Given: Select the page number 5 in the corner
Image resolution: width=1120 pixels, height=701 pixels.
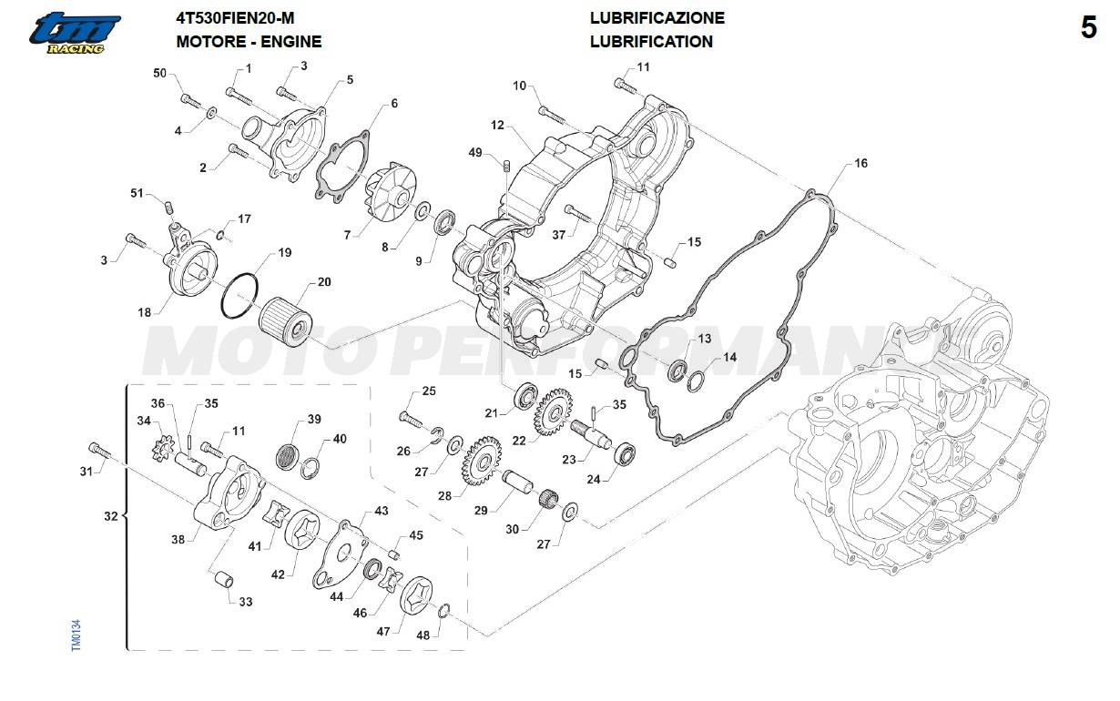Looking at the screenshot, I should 1089,29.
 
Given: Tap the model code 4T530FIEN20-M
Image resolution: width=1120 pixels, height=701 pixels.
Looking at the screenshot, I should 235,18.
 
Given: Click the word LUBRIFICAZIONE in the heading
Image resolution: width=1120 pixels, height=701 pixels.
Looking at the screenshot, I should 657,18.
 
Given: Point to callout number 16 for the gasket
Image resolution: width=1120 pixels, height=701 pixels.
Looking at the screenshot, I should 860,164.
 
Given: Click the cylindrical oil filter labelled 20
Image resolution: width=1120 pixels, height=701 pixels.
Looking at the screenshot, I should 285,321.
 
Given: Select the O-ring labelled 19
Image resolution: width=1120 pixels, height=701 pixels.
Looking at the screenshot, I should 239,295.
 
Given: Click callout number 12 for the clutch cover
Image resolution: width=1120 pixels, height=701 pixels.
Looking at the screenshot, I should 497,125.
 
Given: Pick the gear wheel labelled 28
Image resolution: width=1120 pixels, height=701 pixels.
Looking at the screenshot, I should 482,459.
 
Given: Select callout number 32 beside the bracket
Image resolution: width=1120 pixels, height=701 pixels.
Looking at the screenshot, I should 110,516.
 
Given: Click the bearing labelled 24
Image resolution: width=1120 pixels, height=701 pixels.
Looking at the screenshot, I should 625,452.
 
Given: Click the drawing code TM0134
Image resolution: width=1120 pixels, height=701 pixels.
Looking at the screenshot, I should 76,634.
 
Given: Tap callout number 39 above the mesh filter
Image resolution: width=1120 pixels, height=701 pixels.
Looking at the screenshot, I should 314,420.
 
